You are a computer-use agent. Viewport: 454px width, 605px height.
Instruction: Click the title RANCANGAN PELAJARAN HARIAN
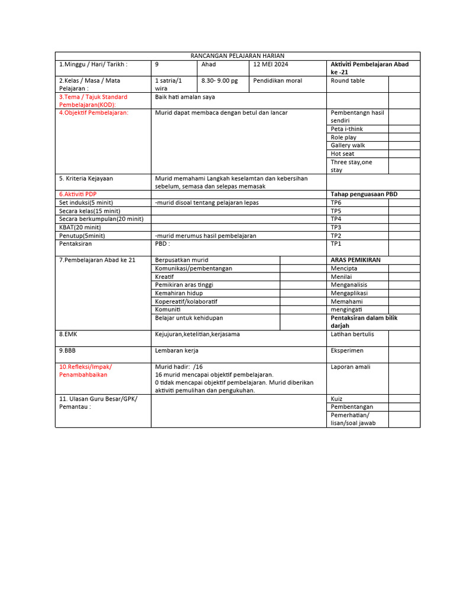[237, 56]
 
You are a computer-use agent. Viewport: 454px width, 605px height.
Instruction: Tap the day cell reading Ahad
[209, 64]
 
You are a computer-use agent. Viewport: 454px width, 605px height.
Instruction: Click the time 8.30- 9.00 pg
[219, 81]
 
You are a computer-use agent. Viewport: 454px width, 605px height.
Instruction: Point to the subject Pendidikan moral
[277, 81]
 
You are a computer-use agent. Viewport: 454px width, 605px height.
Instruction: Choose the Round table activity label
[348, 81]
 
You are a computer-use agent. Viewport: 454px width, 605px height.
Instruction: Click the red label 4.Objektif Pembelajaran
[93, 112]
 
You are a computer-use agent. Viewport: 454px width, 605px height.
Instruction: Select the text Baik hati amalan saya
[184, 97]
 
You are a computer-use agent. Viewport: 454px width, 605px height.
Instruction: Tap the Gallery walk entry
[348, 145]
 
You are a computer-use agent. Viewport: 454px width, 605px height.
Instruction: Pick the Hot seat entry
[342, 154]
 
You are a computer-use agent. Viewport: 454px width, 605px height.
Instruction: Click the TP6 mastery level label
[336, 203]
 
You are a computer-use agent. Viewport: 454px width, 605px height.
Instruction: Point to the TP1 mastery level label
[336, 243]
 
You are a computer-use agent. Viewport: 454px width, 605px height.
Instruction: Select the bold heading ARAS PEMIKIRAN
[355, 260]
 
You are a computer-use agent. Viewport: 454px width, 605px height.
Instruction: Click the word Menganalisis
[349, 285]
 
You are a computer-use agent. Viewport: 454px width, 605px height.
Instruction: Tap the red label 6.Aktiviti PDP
[77, 194]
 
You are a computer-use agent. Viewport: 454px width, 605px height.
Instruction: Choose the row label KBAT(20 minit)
[80, 227]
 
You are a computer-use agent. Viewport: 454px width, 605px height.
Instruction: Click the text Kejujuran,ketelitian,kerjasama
[197, 334]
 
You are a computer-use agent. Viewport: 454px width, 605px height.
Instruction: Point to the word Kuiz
[337, 399]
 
